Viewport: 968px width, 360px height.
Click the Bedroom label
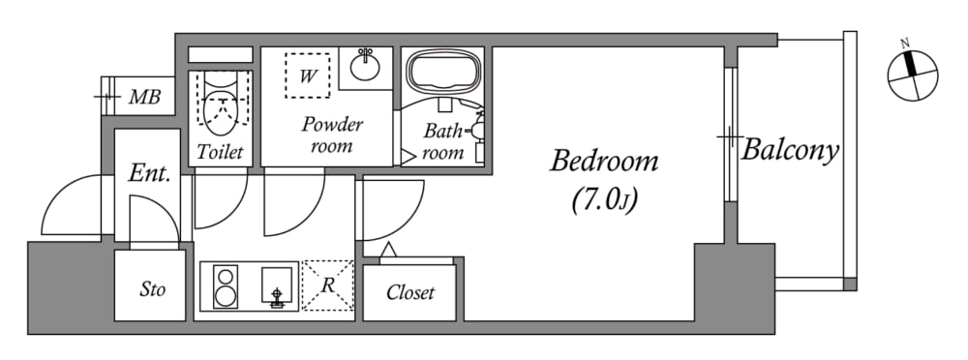pos(604,163)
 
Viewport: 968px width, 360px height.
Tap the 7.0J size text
pos(604,201)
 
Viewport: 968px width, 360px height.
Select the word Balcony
pos(790,150)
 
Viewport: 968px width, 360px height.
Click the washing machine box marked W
pos(308,75)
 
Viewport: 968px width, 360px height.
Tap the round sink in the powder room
pos(366,66)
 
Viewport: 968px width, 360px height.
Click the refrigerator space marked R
pos(328,285)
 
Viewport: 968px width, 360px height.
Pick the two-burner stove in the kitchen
pos(226,285)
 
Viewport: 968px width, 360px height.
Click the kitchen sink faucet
pos(277,296)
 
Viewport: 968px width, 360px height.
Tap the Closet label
pos(410,292)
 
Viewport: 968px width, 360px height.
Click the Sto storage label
pos(152,289)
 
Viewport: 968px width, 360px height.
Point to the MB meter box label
pos(144,97)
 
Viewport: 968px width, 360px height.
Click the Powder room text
pos(331,135)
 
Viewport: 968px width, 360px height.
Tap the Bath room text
pos(442,141)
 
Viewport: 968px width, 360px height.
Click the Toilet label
pos(221,152)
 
